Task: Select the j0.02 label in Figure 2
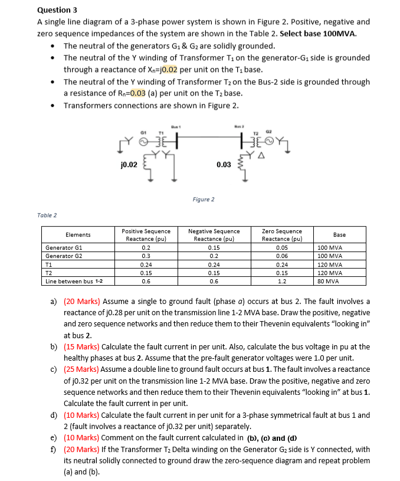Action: pos(128,165)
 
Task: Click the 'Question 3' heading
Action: pos(57,10)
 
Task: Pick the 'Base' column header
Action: pos(339,234)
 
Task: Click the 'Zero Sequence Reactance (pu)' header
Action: pos(281,234)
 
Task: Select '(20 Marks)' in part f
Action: pos(81,449)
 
